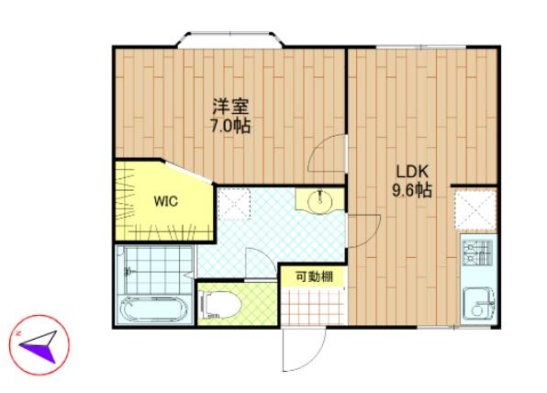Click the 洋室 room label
[x=230, y=107]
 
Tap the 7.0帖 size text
[x=230, y=126]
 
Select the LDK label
[x=412, y=172]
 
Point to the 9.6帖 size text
[x=412, y=190]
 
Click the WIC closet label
[x=166, y=201]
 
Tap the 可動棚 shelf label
[x=314, y=276]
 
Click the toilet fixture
[x=219, y=304]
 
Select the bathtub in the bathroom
[x=153, y=309]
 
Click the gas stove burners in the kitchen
[x=477, y=253]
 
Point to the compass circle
[x=39, y=345]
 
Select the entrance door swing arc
[x=313, y=360]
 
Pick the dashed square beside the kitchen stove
[x=475, y=210]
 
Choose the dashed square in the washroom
[x=234, y=204]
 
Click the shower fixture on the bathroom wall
[x=128, y=270]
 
